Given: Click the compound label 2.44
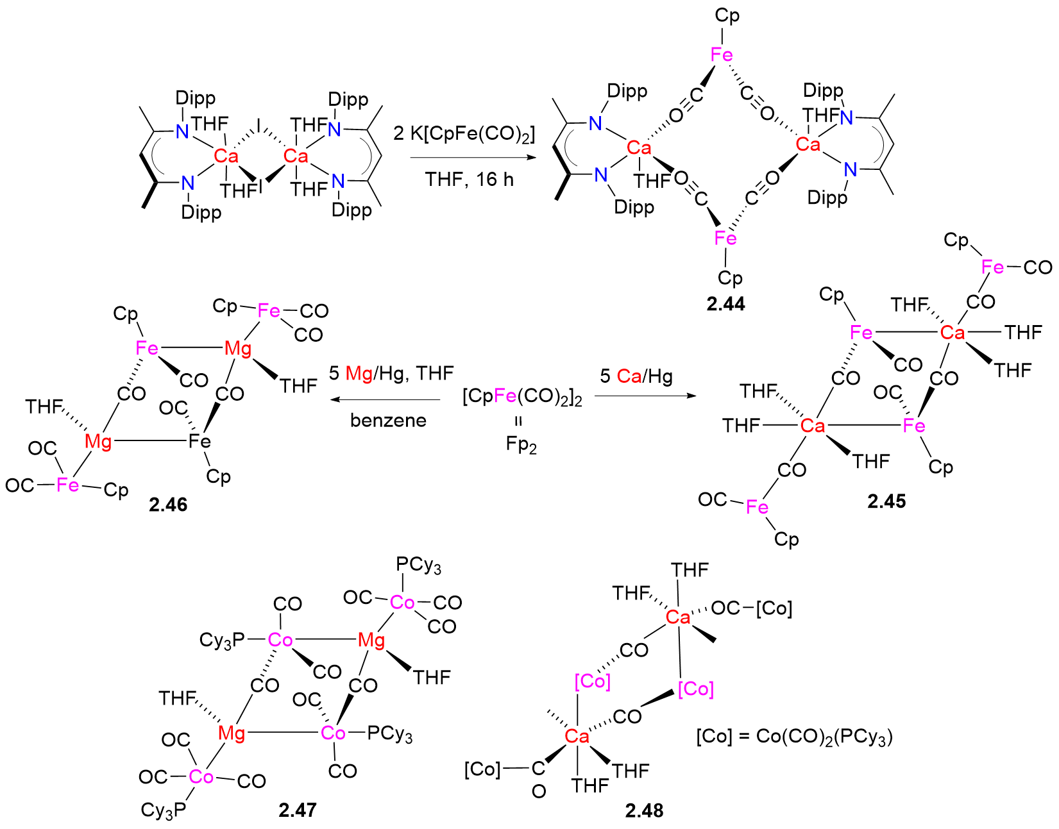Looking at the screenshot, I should pyautogui.click(x=725, y=304).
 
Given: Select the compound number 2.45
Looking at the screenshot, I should pyautogui.click(x=886, y=501).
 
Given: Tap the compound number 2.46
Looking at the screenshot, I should pyautogui.click(x=168, y=505).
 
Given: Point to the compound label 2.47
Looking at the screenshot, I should pyautogui.click(x=298, y=810).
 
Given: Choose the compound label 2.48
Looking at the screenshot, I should pyautogui.click(x=644, y=810).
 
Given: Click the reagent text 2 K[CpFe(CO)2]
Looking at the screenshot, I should pyautogui.click(x=464, y=134).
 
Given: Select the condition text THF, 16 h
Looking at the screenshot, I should pyautogui.click(x=469, y=179).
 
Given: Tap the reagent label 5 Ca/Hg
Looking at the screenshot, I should pyautogui.click(x=636, y=376).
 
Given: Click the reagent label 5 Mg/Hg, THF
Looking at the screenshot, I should pyautogui.click(x=391, y=373).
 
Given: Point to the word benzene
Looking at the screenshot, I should pyautogui.click(x=388, y=420).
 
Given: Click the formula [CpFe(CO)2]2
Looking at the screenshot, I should pyautogui.click(x=522, y=398).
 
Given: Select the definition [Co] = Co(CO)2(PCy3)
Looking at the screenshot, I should pyautogui.click(x=794, y=736).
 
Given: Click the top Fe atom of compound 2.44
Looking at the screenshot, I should pyautogui.click(x=722, y=55).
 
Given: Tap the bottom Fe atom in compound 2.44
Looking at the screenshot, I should pyautogui.click(x=725, y=239).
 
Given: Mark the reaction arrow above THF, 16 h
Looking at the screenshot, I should pyautogui.click(x=471, y=157).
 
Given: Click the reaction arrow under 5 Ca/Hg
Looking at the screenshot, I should pyautogui.click(x=645, y=396).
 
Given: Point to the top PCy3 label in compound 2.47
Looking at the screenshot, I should pyautogui.click(x=418, y=565).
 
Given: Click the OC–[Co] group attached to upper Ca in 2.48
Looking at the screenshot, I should pyautogui.click(x=751, y=608).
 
